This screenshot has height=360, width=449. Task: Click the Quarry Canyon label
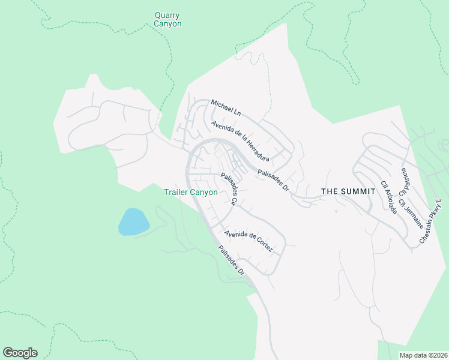coord(167,19)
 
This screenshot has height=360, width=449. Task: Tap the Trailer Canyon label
coord(191,193)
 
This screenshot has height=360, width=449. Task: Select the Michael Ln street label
coord(226,109)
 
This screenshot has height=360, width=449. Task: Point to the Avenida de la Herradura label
coord(239,141)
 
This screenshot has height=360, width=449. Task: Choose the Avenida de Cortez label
coord(249,241)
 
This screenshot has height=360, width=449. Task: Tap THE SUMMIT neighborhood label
coord(348,191)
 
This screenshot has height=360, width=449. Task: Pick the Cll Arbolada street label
coord(388,198)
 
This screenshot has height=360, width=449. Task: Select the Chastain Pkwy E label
coord(430,220)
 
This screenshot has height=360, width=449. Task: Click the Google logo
coord(20,353)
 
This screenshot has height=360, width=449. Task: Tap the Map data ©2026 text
coord(423,355)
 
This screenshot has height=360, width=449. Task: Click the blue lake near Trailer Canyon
coord(133,222)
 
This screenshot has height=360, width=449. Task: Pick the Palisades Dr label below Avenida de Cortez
coord(232,261)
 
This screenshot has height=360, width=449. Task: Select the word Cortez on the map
coord(264,247)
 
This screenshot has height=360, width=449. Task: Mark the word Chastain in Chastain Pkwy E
coord(427,229)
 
